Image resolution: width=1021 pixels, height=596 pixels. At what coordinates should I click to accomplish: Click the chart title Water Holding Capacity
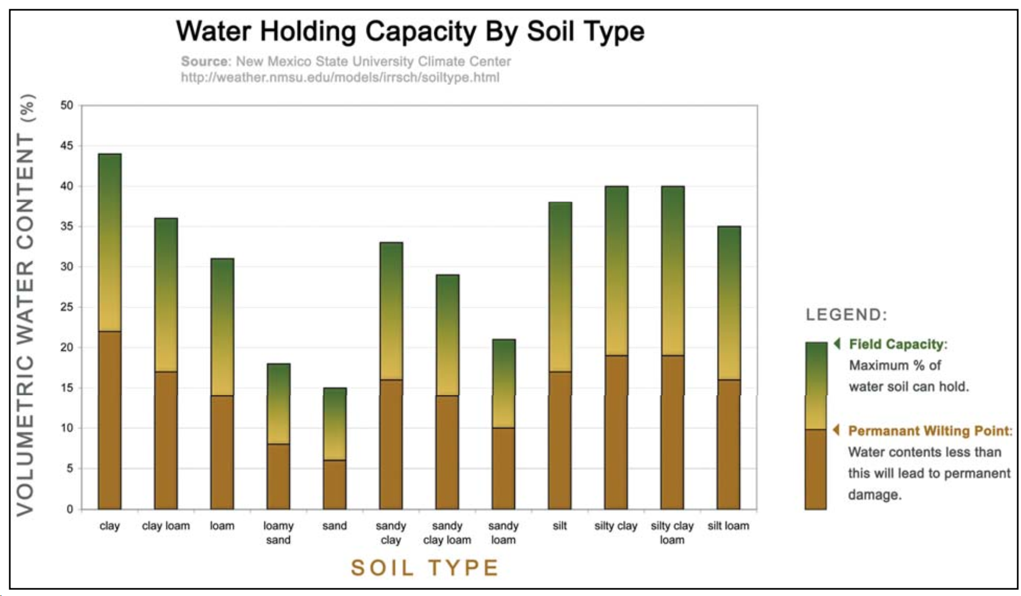410,31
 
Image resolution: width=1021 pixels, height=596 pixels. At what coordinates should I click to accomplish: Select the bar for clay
110,332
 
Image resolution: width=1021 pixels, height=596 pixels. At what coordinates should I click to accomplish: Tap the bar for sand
334,449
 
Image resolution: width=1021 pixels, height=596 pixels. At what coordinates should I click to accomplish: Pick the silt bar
560,356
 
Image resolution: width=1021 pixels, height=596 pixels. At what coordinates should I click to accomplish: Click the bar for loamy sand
278,436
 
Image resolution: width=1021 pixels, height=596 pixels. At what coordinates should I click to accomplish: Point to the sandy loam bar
503,424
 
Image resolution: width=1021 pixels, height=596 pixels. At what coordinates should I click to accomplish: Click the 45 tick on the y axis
67,146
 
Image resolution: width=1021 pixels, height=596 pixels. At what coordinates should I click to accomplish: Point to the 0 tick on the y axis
70,509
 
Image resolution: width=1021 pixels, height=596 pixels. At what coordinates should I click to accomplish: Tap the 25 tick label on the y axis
67,307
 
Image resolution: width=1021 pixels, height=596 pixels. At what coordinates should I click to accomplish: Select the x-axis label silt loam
728,526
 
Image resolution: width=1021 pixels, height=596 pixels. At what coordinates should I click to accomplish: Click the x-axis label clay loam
166,526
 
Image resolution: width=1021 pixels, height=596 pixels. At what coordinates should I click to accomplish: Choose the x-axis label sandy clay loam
447,533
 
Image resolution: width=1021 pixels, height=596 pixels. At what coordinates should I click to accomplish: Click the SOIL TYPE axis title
425,568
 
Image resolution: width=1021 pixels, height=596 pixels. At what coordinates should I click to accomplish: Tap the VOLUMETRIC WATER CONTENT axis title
26,305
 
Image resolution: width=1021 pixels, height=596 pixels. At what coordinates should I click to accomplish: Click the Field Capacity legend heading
898,344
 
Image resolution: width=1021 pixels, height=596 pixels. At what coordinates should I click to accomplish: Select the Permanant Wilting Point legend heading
930,431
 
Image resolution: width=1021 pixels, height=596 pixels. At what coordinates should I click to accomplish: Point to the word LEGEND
846,315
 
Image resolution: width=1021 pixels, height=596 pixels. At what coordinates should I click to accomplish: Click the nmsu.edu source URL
340,77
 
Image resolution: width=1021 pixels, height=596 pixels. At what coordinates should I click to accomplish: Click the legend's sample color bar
815,425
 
